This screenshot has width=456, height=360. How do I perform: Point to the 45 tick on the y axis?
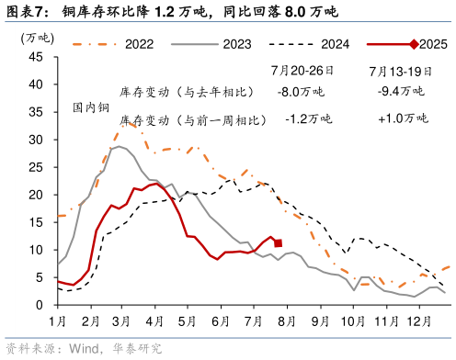[36, 56]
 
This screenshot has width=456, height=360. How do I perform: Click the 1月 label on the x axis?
[57, 321]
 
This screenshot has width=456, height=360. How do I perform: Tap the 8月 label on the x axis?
[284, 321]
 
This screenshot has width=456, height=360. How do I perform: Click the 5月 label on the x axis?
[187, 321]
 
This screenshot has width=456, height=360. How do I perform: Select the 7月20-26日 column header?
[302, 71]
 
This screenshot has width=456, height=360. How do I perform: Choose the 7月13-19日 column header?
[401, 71]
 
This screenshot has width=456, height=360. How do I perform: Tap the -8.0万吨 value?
[302, 92]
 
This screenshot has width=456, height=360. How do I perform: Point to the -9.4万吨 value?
[401, 92]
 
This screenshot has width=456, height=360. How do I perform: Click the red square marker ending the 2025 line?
[278, 243]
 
